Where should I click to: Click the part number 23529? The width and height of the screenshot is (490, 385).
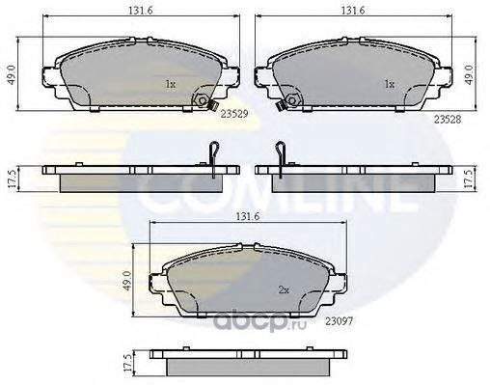(x=234, y=114)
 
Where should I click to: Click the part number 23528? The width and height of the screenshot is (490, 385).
(x=448, y=120)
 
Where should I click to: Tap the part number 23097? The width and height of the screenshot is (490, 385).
(x=340, y=320)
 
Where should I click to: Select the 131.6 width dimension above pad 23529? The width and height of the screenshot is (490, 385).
(x=141, y=11)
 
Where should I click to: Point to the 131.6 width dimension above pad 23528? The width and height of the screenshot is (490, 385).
(x=353, y=11)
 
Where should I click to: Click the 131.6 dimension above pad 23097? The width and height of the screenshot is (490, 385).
(x=248, y=216)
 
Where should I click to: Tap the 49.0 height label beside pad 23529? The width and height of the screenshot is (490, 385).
(x=12, y=75)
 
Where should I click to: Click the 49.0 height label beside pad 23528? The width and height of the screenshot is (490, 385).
(x=469, y=75)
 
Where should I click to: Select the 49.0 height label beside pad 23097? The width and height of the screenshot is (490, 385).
(x=126, y=281)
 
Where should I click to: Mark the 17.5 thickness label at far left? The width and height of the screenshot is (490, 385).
(x=12, y=179)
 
